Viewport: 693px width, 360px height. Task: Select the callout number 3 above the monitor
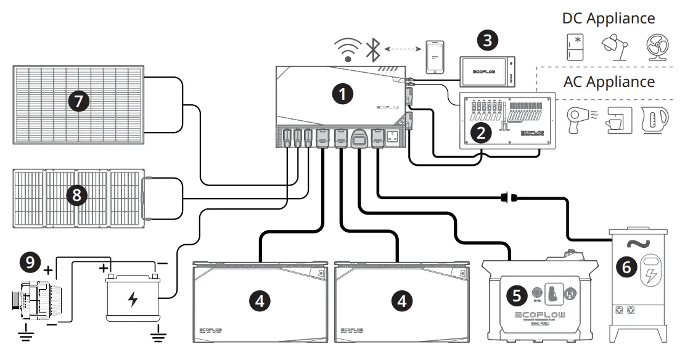point(488,41)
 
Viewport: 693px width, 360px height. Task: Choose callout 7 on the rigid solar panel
point(78,101)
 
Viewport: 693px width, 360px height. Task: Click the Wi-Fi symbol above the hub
point(348,49)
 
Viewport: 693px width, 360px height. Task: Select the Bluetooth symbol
point(373,49)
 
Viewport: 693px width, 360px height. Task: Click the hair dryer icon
point(577,118)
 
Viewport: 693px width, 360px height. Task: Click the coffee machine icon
point(614,119)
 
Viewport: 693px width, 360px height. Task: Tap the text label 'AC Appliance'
point(609,82)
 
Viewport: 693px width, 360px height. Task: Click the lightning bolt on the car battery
point(133,300)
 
